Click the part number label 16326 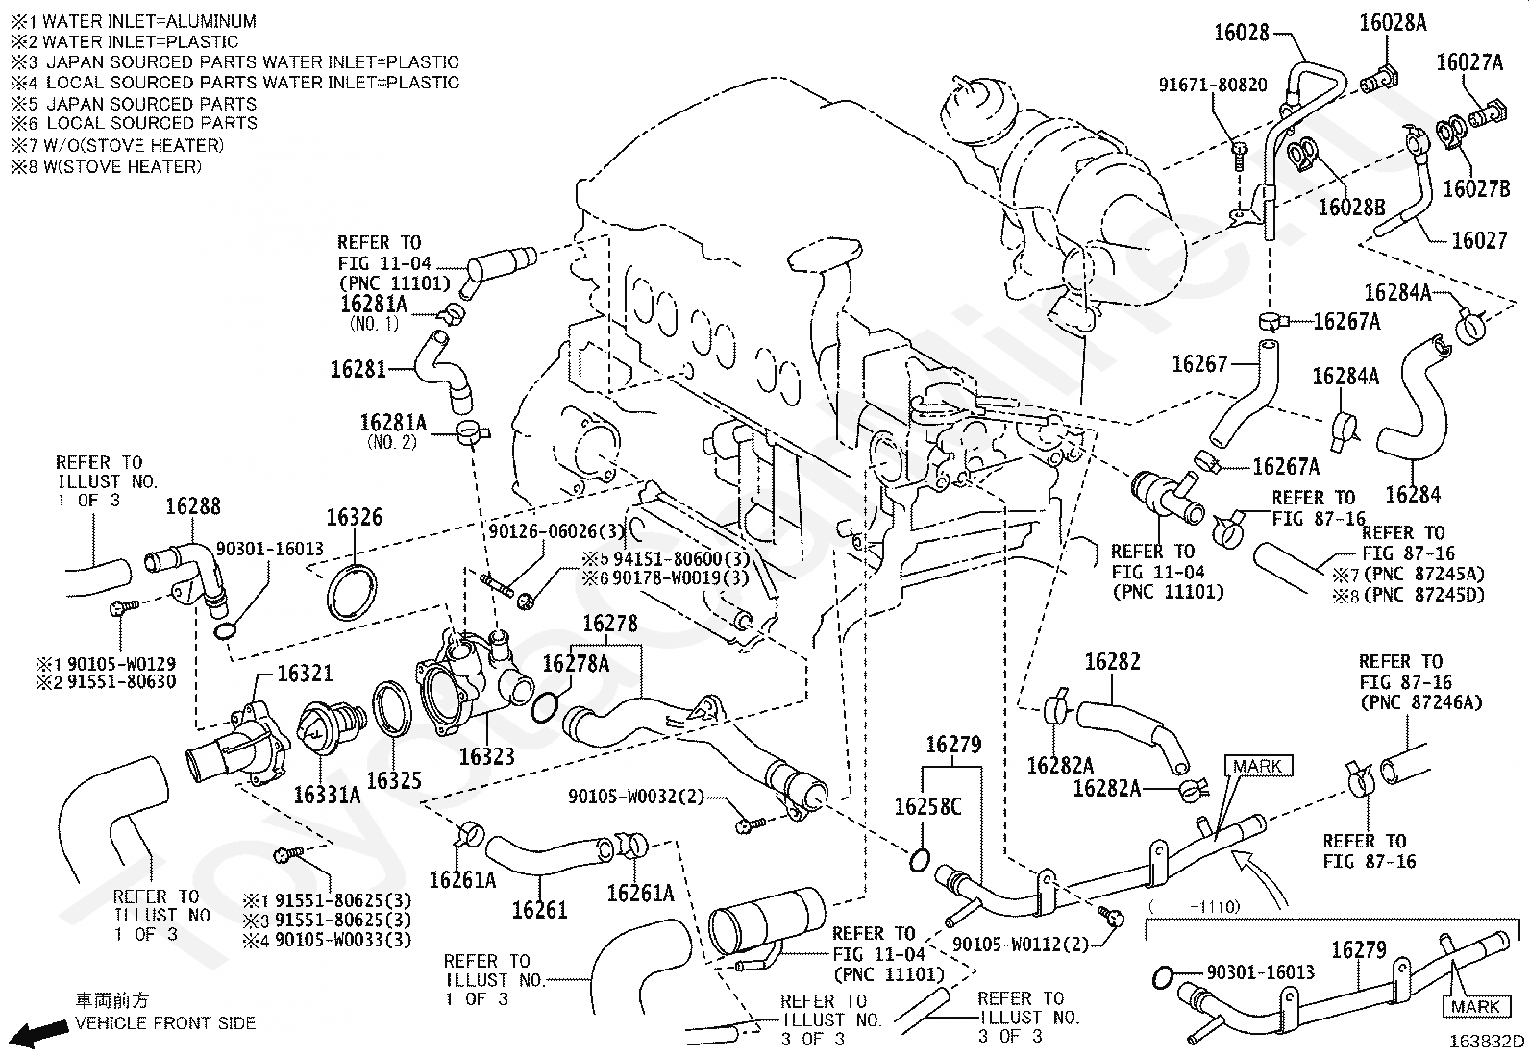(354, 518)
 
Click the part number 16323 (486, 756)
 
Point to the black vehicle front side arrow (41, 1034)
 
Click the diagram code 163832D (1487, 1041)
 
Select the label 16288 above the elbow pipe (193, 506)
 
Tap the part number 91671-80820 (1213, 86)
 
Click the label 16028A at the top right (1393, 23)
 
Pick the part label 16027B (1476, 188)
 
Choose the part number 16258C (927, 807)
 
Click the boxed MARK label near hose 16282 (1258, 767)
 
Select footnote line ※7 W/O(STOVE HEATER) (117, 145)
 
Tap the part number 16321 (305, 674)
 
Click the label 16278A (576, 664)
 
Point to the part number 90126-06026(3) (556, 531)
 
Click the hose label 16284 (1413, 495)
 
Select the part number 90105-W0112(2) (1021, 944)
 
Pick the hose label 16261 (539, 910)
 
